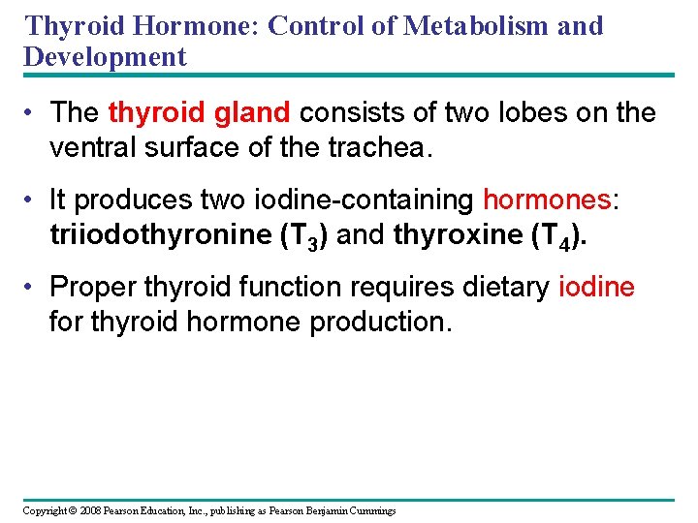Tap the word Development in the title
pyautogui.click(x=105, y=56)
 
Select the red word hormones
pyautogui.click(x=547, y=200)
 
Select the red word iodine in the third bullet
pyautogui.click(x=597, y=288)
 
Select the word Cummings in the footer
pyautogui.click(x=371, y=510)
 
